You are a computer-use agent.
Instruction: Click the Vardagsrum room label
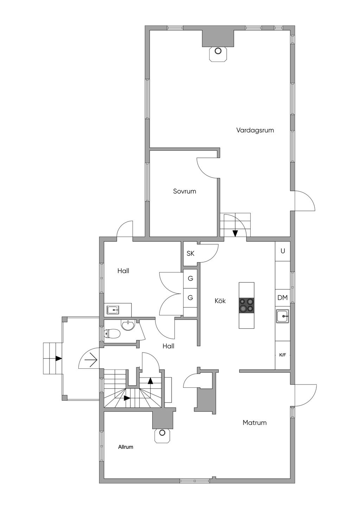point(255,130)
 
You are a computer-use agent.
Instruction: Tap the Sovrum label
point(184,191)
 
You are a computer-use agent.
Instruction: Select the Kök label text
point(220,301)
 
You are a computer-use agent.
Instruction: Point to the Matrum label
point(255,423)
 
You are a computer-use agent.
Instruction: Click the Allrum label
point(126,447)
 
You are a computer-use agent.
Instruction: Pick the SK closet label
point(190,253)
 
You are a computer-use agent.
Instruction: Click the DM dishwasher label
point(282,298)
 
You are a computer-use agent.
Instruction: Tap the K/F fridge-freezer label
point(282,355)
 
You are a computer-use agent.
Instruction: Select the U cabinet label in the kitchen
point(282,251)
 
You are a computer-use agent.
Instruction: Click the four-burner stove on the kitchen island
point(246,305)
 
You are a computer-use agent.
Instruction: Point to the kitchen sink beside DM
point(282,316)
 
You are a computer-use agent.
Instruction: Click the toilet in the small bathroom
point(112,333)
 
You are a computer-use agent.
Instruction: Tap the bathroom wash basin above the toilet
point(128,325)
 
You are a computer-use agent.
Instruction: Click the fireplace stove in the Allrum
point(162,435)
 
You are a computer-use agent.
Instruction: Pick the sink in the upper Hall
point(113,310)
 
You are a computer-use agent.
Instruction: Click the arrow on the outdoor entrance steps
point(58,359)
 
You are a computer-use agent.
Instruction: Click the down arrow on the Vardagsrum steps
point(235,233)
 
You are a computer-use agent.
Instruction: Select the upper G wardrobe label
point(190,279)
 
